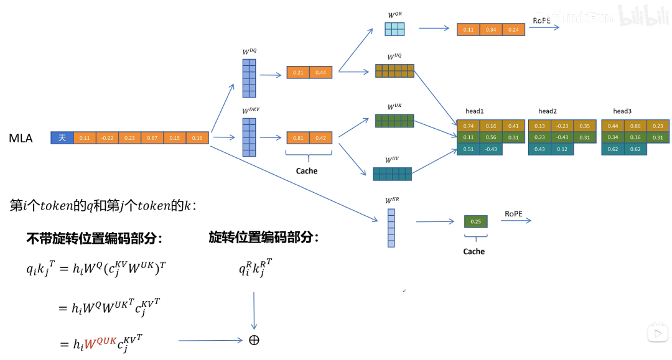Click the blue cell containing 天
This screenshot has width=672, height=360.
click(x=62, y=138)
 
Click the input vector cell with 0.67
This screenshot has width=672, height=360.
click(x=152, y=138)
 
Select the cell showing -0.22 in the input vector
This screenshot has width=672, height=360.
click(x=107, y=138)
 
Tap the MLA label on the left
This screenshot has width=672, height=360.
click(x=21, y=137)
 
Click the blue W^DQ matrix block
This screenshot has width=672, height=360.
click(x=249, y=78)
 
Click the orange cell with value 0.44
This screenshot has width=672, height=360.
click(x=321, y=73)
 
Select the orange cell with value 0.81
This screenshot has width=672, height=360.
click(x=298, y=138)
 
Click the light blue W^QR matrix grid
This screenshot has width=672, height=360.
click(x=394, y=29)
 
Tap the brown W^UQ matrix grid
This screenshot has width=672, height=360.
click(x=394, y=71)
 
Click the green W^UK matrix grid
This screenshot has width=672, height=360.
click(x=394, y=121)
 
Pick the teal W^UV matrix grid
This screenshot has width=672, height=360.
click(x=392, y=173)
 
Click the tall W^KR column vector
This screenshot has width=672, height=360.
click(x=391, y=228)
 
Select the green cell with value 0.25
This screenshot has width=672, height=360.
click(x=476, y=221)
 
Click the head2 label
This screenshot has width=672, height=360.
click(x=548, y=111)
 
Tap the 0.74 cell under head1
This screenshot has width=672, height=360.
click(x=469, y=126)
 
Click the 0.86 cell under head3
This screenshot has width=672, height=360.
click(x=635, y=126)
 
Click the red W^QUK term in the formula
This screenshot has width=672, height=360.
click(x=100, y=342)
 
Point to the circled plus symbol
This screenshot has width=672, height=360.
click(x=254, y=340)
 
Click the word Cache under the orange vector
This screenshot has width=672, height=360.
click(x=306, y=171)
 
